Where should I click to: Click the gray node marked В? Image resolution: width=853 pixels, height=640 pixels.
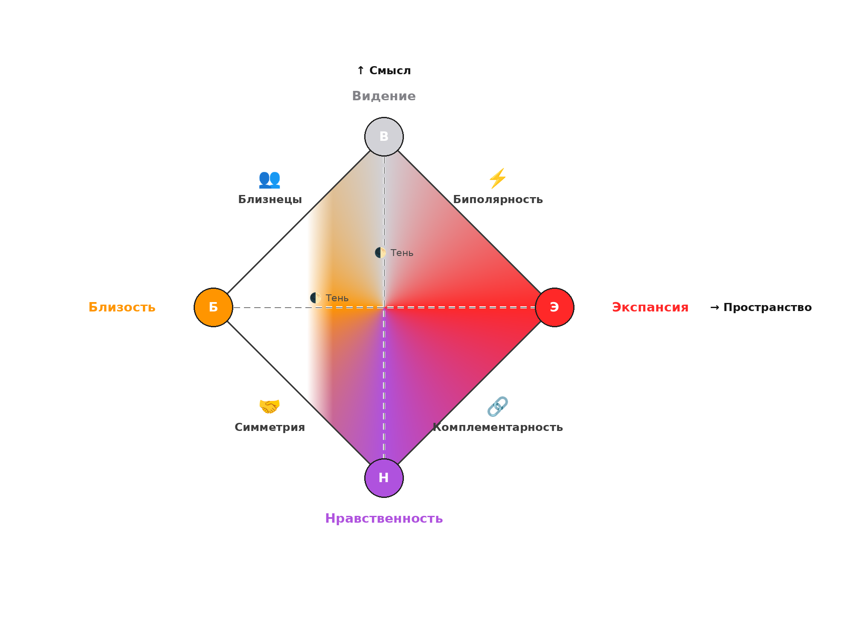click(x=384, y=137)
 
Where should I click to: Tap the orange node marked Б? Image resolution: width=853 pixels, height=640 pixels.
click(x=213, y=307)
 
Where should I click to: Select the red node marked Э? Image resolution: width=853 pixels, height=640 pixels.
click(x=554, y=307)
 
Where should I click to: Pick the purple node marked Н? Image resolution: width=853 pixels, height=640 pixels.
click(x=384, y=478)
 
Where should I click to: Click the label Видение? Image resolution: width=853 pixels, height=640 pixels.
click(x=384, y=96)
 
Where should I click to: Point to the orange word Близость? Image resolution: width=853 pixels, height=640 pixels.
click(x=122, y=307)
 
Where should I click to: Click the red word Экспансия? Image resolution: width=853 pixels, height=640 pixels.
click(x=650, y=307)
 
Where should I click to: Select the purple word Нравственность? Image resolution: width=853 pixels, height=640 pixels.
click(x=384, y=518)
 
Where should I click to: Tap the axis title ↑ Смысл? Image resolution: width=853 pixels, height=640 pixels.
click(x=384, y=70)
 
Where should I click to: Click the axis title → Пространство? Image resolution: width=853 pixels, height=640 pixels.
click(x=761, y=307)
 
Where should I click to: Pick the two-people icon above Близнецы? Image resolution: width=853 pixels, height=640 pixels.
click(x=270, y=179)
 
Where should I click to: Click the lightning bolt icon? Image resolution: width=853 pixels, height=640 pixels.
click(x=498, y=178)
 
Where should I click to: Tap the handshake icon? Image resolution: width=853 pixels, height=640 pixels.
click(x=270, y=406)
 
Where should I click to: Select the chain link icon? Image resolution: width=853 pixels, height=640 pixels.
click(x=498, y=406)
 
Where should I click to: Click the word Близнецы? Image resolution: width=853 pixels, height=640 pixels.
click(x=270, y=199)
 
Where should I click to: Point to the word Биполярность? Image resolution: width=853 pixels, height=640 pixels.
click(x=498, y=200)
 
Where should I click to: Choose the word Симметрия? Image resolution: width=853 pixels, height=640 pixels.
click(x=270, y=428)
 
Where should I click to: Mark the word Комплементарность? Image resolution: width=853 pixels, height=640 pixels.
click(x=498, y=428)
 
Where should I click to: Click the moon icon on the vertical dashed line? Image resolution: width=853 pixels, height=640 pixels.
click(x=380, y=253)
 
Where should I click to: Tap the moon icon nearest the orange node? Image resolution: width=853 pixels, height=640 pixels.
click(x=316, y=298)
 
